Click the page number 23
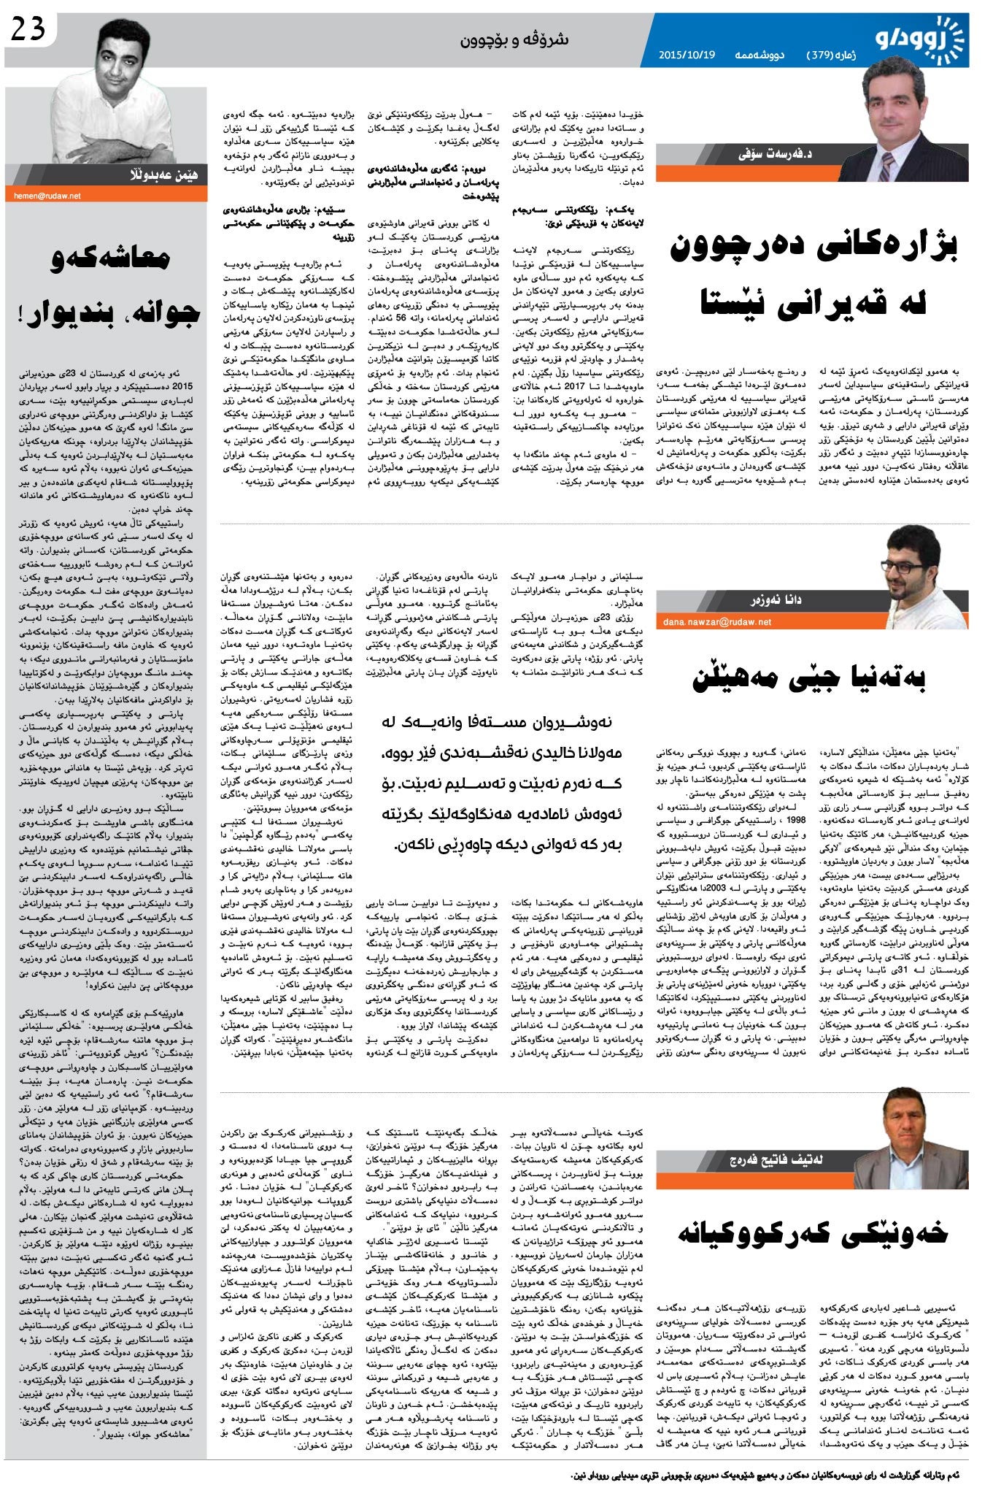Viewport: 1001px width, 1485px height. click(28, 30)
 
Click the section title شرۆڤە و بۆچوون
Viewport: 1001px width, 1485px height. click(514, 39)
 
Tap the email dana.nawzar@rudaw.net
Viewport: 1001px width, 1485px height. click(717, 622)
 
